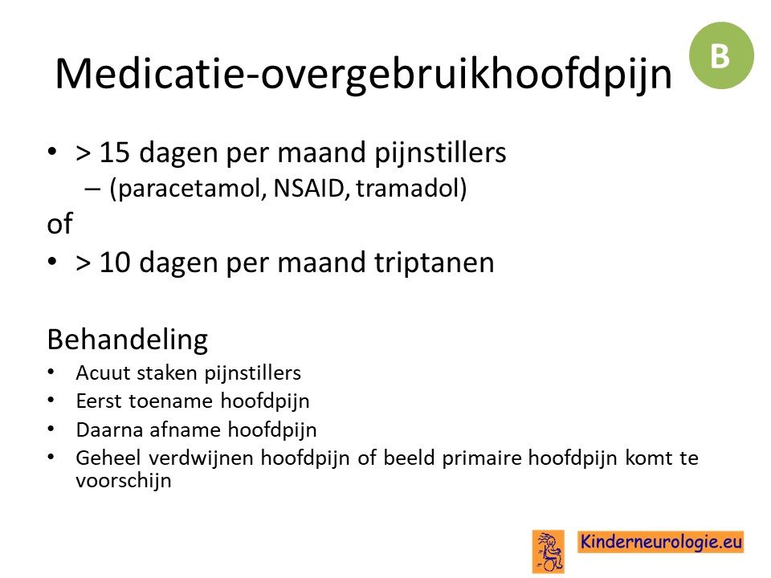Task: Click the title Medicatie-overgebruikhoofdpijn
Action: pos(363,75)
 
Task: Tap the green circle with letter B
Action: pos(721,55)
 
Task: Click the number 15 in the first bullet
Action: pos(115,153)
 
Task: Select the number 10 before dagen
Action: pos(115,262)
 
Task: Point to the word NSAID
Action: pos(308,187)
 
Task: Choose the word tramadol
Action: pos(408,187)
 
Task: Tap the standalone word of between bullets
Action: pos(59,224)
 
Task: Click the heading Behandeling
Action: pos(128,340)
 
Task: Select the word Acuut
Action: pos(103,373)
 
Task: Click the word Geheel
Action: pos(108,458)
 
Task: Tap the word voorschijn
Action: pos(124,481)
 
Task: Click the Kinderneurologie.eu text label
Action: pos(661,542)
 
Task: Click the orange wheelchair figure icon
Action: pos(549,552)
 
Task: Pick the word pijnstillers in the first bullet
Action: pos(440,153)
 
